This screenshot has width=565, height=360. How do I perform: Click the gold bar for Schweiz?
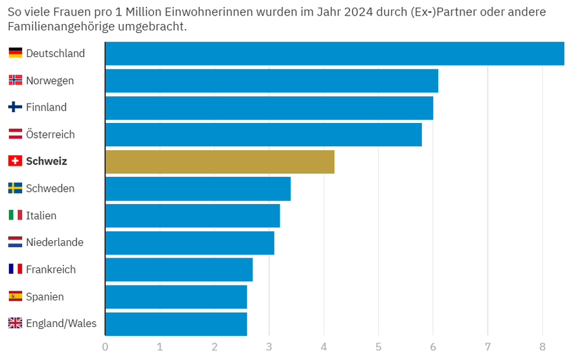220,162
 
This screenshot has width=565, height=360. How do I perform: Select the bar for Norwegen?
272,81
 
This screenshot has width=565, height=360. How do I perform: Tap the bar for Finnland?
269,107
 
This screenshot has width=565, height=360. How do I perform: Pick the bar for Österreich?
263,135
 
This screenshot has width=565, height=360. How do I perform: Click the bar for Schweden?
198,188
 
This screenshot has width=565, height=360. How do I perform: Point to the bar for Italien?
192,216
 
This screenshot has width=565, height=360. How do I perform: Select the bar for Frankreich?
179,269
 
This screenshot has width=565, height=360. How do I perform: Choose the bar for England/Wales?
176,324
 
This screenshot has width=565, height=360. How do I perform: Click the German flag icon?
15,53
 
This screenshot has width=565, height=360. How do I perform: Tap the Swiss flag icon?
15,161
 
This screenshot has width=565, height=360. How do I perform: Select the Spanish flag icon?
15,297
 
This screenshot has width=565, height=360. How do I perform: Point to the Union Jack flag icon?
15,323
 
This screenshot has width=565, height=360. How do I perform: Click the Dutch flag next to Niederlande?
15,242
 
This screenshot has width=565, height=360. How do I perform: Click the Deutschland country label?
55,53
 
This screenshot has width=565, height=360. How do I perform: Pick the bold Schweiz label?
47,161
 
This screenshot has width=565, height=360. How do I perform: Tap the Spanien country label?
45,297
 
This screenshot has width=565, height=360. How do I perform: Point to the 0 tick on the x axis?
105,346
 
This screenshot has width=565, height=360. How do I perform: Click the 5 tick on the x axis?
379,346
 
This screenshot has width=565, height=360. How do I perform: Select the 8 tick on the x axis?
542,346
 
